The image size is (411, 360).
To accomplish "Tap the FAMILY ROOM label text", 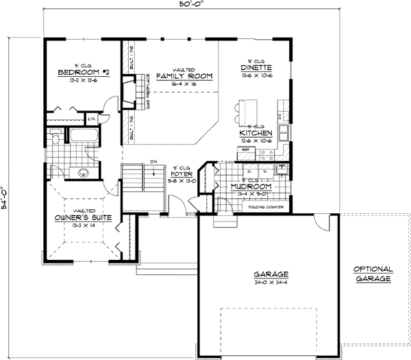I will [183, 76].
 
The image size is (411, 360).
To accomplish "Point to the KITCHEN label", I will [257, 133].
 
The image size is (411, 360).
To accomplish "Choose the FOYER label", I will [182, 174].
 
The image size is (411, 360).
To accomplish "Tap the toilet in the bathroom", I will [53, 140].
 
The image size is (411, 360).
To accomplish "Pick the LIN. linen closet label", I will [101, 121].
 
